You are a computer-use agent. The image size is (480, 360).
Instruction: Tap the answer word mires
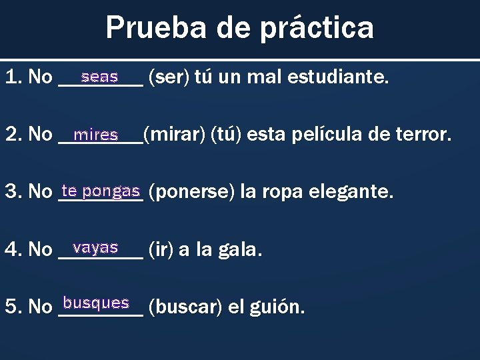(96, 135)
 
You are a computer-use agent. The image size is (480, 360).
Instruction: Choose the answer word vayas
(96, 247)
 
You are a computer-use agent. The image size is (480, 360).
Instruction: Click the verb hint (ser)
(169, 78)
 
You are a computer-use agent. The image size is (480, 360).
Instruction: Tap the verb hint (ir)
(159, 250)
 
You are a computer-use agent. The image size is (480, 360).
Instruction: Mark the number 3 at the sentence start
(9, 193)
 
